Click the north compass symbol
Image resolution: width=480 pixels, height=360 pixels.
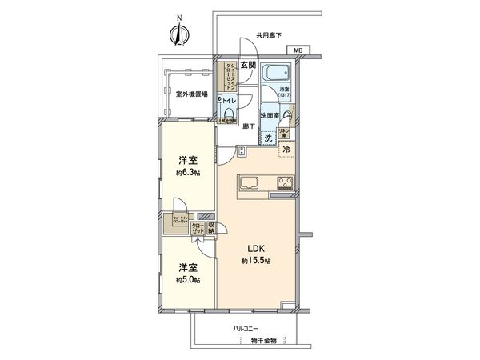(x=179, y=33)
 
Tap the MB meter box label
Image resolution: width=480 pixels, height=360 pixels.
(x=298, y=51)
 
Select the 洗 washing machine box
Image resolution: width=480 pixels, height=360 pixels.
(x=268, y=138)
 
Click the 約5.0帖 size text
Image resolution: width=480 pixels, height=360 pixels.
(x=190, y=279)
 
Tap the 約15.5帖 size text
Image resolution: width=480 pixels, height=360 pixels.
(x=256, y=261)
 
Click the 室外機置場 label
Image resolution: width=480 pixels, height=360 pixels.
(x=192, y=94)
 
